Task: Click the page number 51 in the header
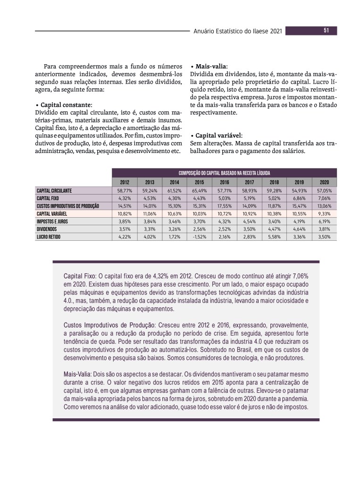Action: pyautogui.click(x=326, y=31)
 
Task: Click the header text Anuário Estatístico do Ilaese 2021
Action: pyautogui.click(x=238, y=31)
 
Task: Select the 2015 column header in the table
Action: pyautogui.click(x=199, y=182)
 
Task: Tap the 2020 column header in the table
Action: pyautogui.click(x=324, y=182)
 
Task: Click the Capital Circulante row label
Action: pyautogui.click(x=54, y=190)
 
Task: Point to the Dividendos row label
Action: pyautogui.click(x=47, y=229)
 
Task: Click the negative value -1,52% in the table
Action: pyautogui.click(x=199, y=237)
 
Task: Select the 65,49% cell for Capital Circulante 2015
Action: pyautogui.click(x=199, y=190)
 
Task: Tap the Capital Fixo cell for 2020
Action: pyautogui.click(x=324, y=198)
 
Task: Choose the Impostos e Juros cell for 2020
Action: pyautogui.click(x=324, y=221)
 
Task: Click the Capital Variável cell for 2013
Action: pyautogui.click(x=150, y=213)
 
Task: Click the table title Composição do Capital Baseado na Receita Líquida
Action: pyautogui.click(x=224, y=173)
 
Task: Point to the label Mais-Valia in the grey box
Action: pyautogui.click(x=77, y=374)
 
